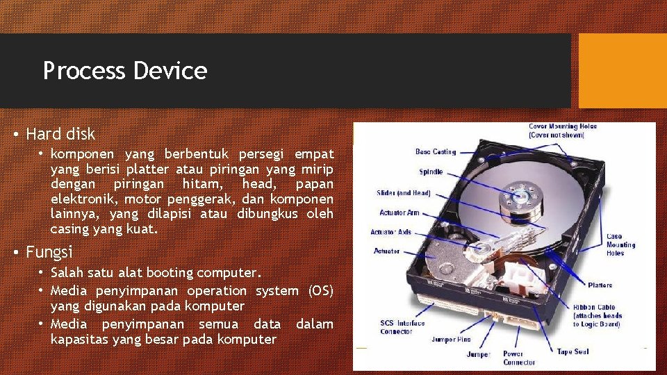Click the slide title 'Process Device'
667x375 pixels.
click(x=125, y=71)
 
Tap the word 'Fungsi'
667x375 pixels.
click(x=49, y=251)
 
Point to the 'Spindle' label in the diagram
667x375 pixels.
click(x=431, y=172)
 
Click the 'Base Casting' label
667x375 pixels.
click(x=436, y=151)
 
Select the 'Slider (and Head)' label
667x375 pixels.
click(x=404, y=193)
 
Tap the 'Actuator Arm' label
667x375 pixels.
click(x=400, y=212)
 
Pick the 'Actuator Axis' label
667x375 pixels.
click(x=391, y=232)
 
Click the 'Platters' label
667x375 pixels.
click(x=600, y=285)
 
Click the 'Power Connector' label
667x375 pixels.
click(x=519, y=358)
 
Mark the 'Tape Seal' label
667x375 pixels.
click(x=574, y=352)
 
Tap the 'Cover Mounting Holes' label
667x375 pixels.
click(x=563, y=131)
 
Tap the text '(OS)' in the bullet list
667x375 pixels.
click(x=320, y=290)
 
